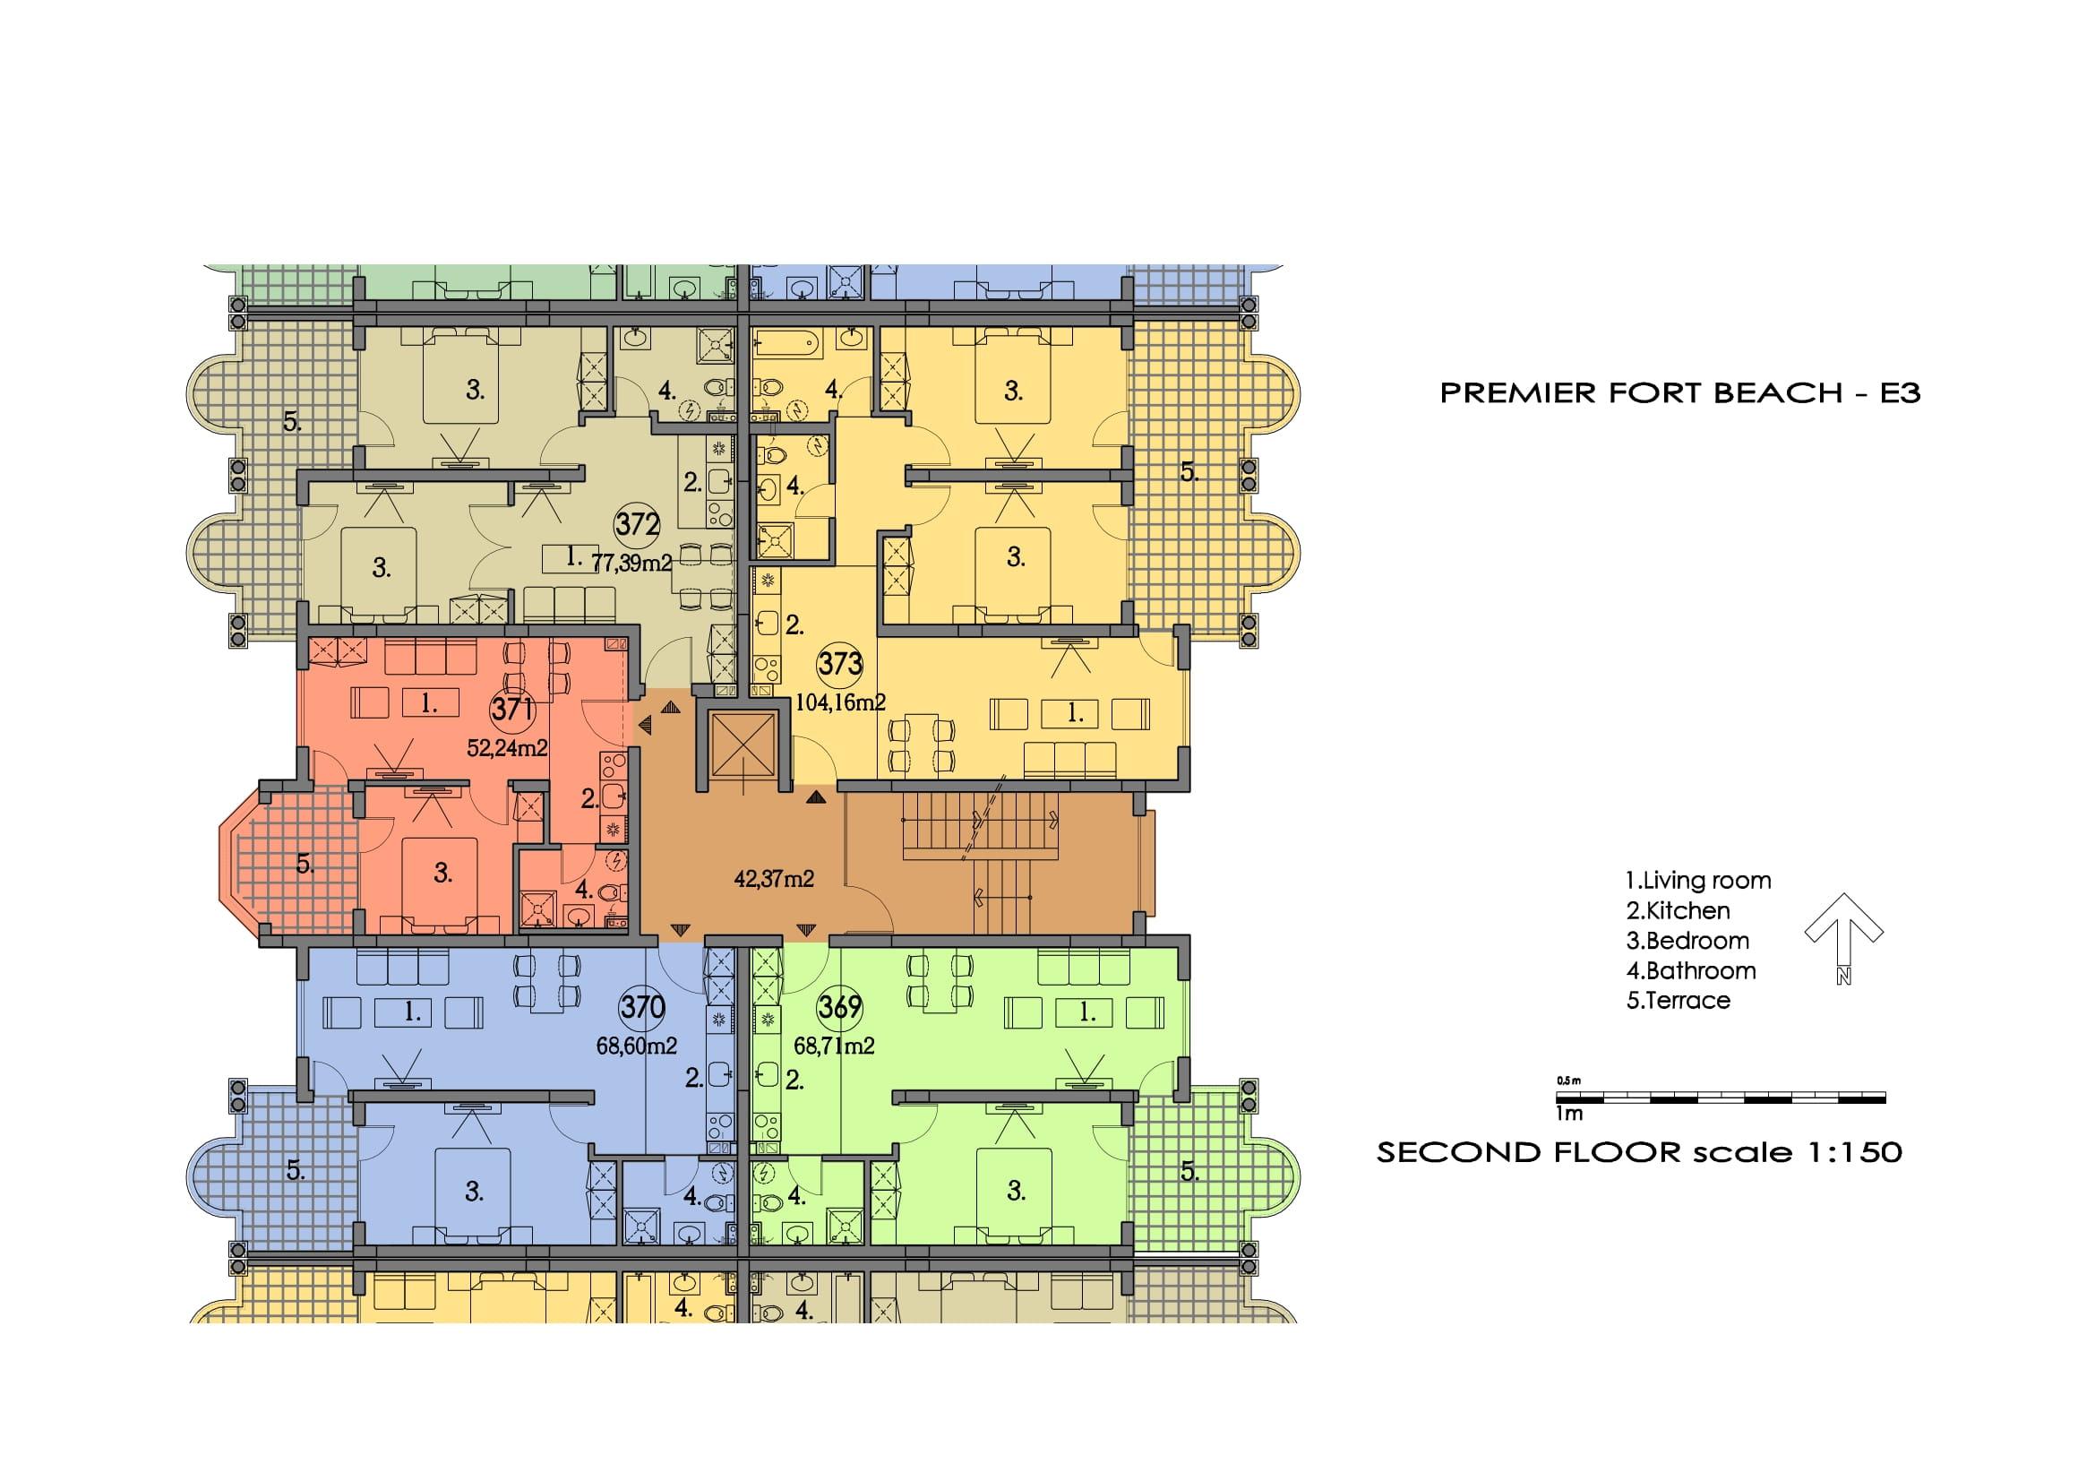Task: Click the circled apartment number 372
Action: click(x=637, y=524)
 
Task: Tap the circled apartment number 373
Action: click(x=839, y=662)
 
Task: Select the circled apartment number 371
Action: click(x=512, y=708)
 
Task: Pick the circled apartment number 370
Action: click(x=642, y=1007)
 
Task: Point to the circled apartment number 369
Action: click(x=839, y=1006)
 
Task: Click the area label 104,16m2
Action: click(x=840, y=702)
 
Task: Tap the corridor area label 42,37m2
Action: click(x=774, y=879)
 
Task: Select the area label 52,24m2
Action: click(x=507, y=748)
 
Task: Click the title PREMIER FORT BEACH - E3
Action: click(x=1679, y=393)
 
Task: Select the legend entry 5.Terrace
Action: click(x=1678, y=1000)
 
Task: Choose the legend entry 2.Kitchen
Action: click(x=1677, y=910)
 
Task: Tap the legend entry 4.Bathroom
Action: click(x=1691, y=970)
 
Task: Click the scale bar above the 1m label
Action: click(x=1721, y=1098)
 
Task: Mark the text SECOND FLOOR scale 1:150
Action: click(x=1640, y=1151)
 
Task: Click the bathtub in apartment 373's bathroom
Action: click(x=786, y=347)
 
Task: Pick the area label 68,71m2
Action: click(x=833, y=1046)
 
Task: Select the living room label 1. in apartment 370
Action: click(x=412, y=1012)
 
